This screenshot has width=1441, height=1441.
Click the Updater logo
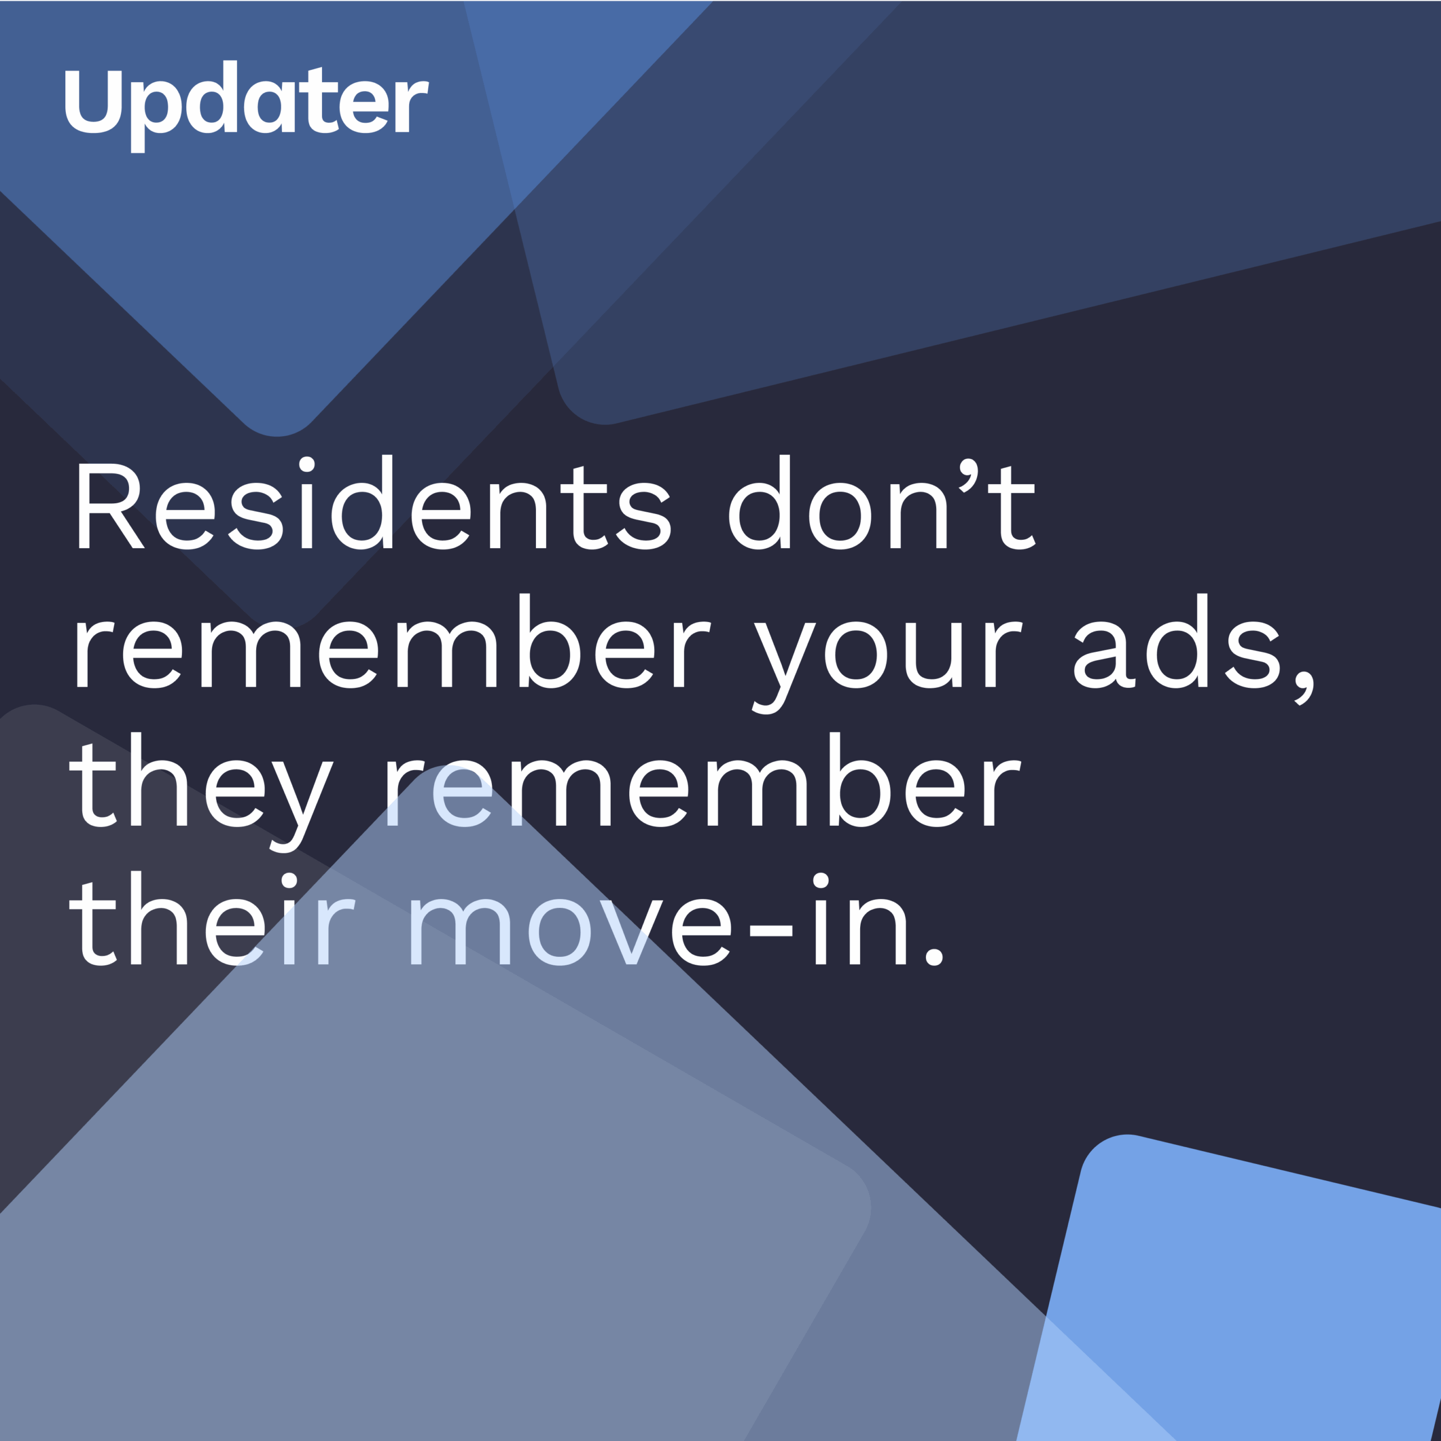pos(247,106)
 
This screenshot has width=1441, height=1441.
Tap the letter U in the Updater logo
pos(93,101)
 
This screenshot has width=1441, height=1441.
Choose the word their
pos(212,918)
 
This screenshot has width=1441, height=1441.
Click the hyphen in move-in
pos(771,930)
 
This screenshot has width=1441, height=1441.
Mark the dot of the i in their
pos(289,880)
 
